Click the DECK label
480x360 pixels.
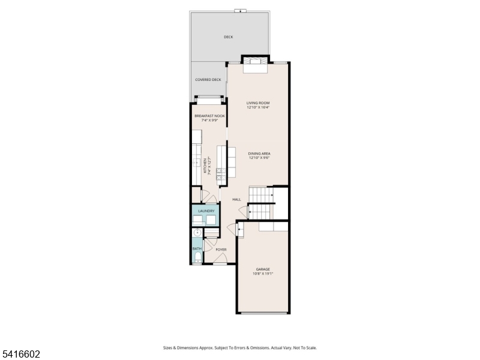(228, 37)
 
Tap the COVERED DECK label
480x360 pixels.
(208, 80)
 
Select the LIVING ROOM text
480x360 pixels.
(258, 103)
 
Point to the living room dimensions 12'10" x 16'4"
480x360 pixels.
(258, 108)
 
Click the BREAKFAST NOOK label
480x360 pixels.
(209, 116)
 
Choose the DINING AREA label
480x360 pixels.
(259, 154)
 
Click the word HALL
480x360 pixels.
(236, 199)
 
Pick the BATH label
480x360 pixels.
(197, 248)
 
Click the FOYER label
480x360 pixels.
(221, 249)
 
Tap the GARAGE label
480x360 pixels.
(263, 269)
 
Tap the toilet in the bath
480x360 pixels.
(197, 259)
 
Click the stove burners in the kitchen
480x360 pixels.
(220, 174)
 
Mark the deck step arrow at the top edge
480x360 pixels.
(241, 10)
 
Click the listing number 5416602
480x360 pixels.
(21, 355)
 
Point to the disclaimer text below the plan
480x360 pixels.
(239, 348)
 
